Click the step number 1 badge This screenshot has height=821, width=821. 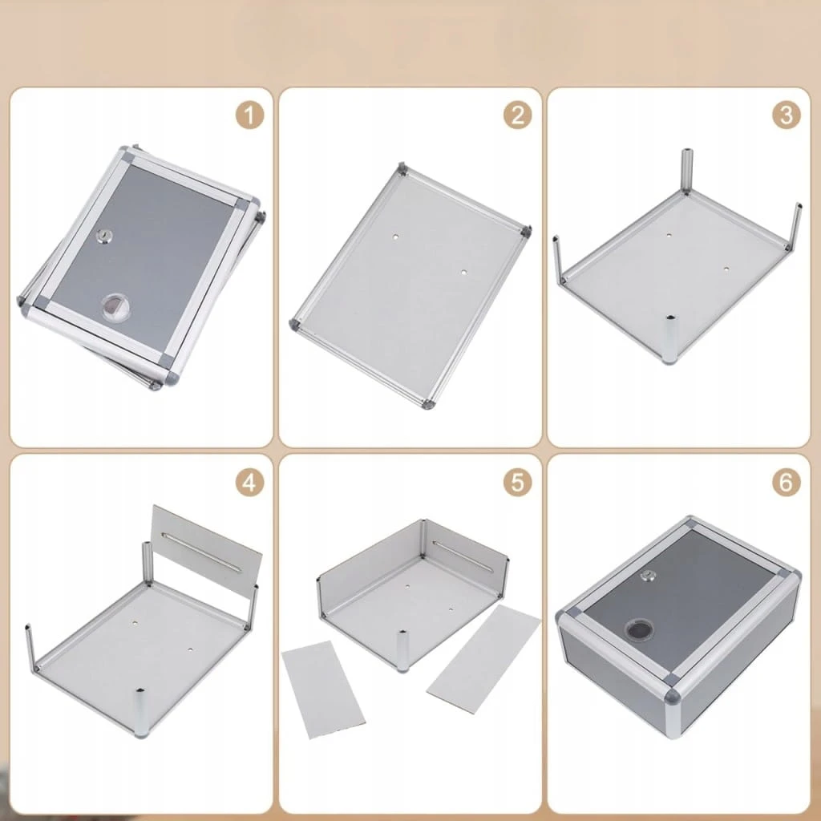click(249, 115)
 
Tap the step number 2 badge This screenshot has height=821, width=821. click(518, 115)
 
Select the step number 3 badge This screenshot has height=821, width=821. click(787, 115)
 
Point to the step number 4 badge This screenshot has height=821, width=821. click(249, 482)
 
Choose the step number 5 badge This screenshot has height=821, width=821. click(518, 482)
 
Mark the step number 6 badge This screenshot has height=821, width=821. click(787, 482)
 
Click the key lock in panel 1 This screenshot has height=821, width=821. click(104, 237)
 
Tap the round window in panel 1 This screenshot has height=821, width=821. click(115, 306)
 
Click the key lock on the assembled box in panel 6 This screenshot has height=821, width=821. click(648, 576)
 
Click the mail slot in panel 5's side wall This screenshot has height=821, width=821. click(463, 556)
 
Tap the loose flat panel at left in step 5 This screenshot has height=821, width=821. click(322, 690)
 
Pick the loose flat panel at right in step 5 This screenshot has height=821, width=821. click(483, 659)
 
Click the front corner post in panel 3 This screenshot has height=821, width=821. click(669, 339)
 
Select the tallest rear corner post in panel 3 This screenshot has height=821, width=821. click(687, 172)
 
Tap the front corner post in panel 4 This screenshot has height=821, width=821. click(141, 713)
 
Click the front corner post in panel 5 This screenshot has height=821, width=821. click(402, 651)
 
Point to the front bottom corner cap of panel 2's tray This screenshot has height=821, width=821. click(428, 404)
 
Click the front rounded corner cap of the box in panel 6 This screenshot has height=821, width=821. click(672, 696)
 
